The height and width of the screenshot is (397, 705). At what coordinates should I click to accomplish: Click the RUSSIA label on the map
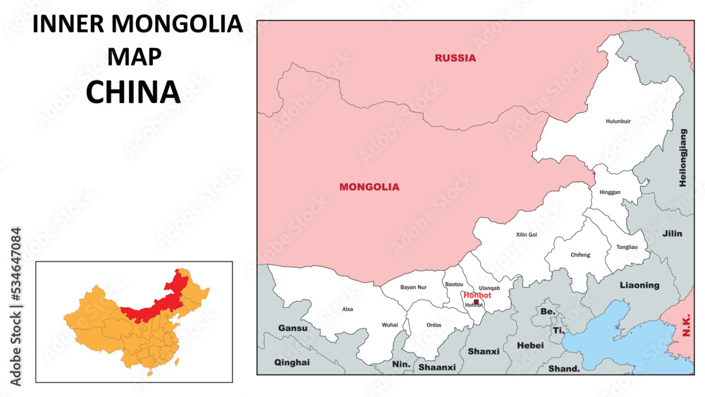455,58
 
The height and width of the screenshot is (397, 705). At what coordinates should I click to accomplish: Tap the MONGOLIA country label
369,187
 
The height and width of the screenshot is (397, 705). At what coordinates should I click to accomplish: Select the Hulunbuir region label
618,121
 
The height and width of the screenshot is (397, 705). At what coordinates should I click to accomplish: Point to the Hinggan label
609,192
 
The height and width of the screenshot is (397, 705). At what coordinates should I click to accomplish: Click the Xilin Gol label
527,234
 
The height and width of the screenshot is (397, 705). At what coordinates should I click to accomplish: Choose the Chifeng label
580,255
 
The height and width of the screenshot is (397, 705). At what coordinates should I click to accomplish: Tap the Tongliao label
627,248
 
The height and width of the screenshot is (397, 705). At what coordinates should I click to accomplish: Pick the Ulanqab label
489,288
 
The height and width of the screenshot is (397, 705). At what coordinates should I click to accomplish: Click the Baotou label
454,284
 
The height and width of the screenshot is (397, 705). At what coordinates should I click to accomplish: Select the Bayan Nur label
413,287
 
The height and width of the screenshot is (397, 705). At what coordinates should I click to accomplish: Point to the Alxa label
348,309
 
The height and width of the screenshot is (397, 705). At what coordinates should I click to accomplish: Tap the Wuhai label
390,324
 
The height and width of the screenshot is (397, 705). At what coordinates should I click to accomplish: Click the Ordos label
434,325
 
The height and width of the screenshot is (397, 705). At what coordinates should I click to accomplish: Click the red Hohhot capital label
477,295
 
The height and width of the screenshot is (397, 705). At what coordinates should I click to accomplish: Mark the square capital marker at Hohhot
476,302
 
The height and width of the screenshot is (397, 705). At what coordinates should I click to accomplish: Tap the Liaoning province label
639,285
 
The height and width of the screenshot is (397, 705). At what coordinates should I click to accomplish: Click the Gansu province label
293,328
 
